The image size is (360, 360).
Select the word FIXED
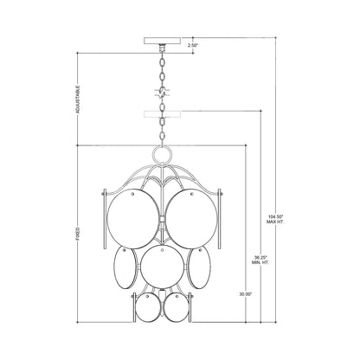click(x=79, y=234)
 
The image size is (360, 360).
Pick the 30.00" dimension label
click(x=248, y=294)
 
